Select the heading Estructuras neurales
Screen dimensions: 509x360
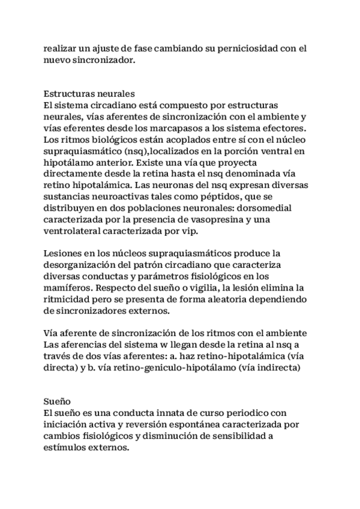tap(89, 94)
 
